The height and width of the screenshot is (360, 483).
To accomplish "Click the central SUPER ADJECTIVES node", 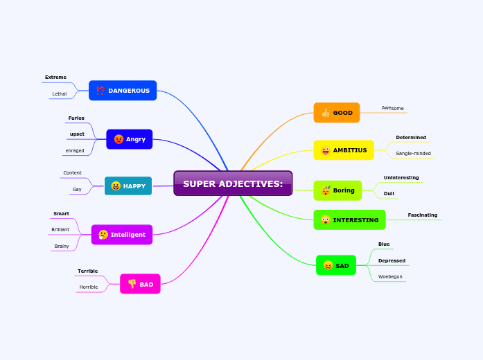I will [233, 183].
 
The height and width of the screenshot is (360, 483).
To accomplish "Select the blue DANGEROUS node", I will [123, 91].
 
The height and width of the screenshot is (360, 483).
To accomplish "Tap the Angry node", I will [130, 139].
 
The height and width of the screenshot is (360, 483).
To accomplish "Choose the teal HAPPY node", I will [128, 186].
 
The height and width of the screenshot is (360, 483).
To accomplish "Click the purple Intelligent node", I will [122, 235].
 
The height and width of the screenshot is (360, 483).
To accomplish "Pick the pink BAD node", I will [140, 284].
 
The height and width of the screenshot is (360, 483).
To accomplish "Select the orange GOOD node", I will [337, 113].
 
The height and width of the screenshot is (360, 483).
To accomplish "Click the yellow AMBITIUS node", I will [344, 150].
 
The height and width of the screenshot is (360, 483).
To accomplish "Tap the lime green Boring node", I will [337, 190].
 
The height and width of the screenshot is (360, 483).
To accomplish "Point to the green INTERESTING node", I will [349, 220].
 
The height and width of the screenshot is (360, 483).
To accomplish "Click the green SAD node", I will [336, 265].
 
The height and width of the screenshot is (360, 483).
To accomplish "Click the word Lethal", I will [60, 93].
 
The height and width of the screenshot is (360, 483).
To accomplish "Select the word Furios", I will [76, 118].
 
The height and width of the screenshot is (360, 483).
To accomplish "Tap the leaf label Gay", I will [77, 189].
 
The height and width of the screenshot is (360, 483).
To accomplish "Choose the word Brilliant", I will [60, 229].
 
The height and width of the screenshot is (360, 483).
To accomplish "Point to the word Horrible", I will [89, 287].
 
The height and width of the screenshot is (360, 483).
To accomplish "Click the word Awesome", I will [392, 108].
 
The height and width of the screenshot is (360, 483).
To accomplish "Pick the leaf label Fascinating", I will [423, 215].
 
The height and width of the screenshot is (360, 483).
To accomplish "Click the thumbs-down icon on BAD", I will [132, 284].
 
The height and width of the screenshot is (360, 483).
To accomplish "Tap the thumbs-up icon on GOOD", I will [325, 113].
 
